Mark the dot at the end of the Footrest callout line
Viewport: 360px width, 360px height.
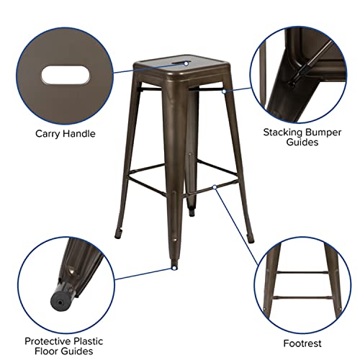click(215, 186)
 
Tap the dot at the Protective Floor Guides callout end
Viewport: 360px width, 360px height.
click(174, 267)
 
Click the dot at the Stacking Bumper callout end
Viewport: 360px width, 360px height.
click(224, 92)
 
